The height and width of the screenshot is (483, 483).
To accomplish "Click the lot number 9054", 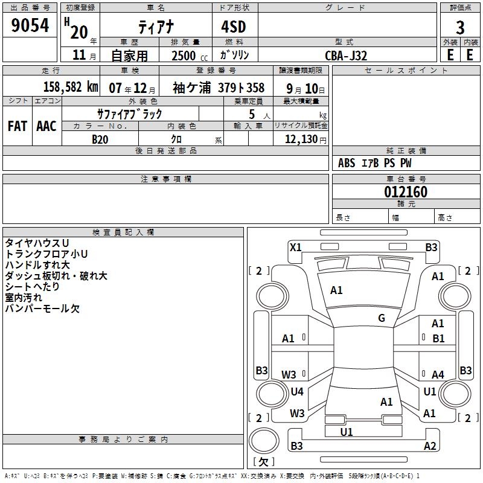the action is pyautogui.click(x=30, y=26).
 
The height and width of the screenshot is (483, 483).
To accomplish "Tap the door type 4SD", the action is pyautogui.click(x=234, y=27).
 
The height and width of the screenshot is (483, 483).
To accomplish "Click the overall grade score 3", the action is pyautogui.click(x=460, y=28).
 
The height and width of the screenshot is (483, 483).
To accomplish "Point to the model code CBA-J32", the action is pyautogui.click(x=346, y=55).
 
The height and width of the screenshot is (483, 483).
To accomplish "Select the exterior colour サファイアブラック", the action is pyautogui.click(x=130, y=114).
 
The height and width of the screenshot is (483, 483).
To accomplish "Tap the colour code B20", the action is pyautogui.click(x=100, y=139).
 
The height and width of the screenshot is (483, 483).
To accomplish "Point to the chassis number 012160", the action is pyautogui.click(x=406, y=192).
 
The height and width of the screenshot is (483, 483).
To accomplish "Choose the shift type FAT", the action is pyautogui.click(x=17, y=126).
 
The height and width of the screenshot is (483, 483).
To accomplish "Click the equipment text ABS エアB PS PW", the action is pyautogui.click(x=375, y=163).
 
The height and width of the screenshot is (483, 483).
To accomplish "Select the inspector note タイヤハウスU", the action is pyautogui.click(x=37, y=243).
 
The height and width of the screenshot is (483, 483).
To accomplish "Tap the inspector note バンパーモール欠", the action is pyautogui.click(x=42, y=309).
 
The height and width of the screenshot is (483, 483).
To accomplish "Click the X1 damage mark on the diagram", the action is pyautogui.click(x=295, y=247).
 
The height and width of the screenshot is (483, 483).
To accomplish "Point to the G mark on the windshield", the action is pyautogui.click(x=382, y=318).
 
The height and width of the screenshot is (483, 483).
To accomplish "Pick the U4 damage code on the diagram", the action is pyautogui.click(x=297, y=391).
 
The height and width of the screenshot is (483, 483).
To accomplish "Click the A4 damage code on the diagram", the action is pyautogui.click(x=438, y=374).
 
